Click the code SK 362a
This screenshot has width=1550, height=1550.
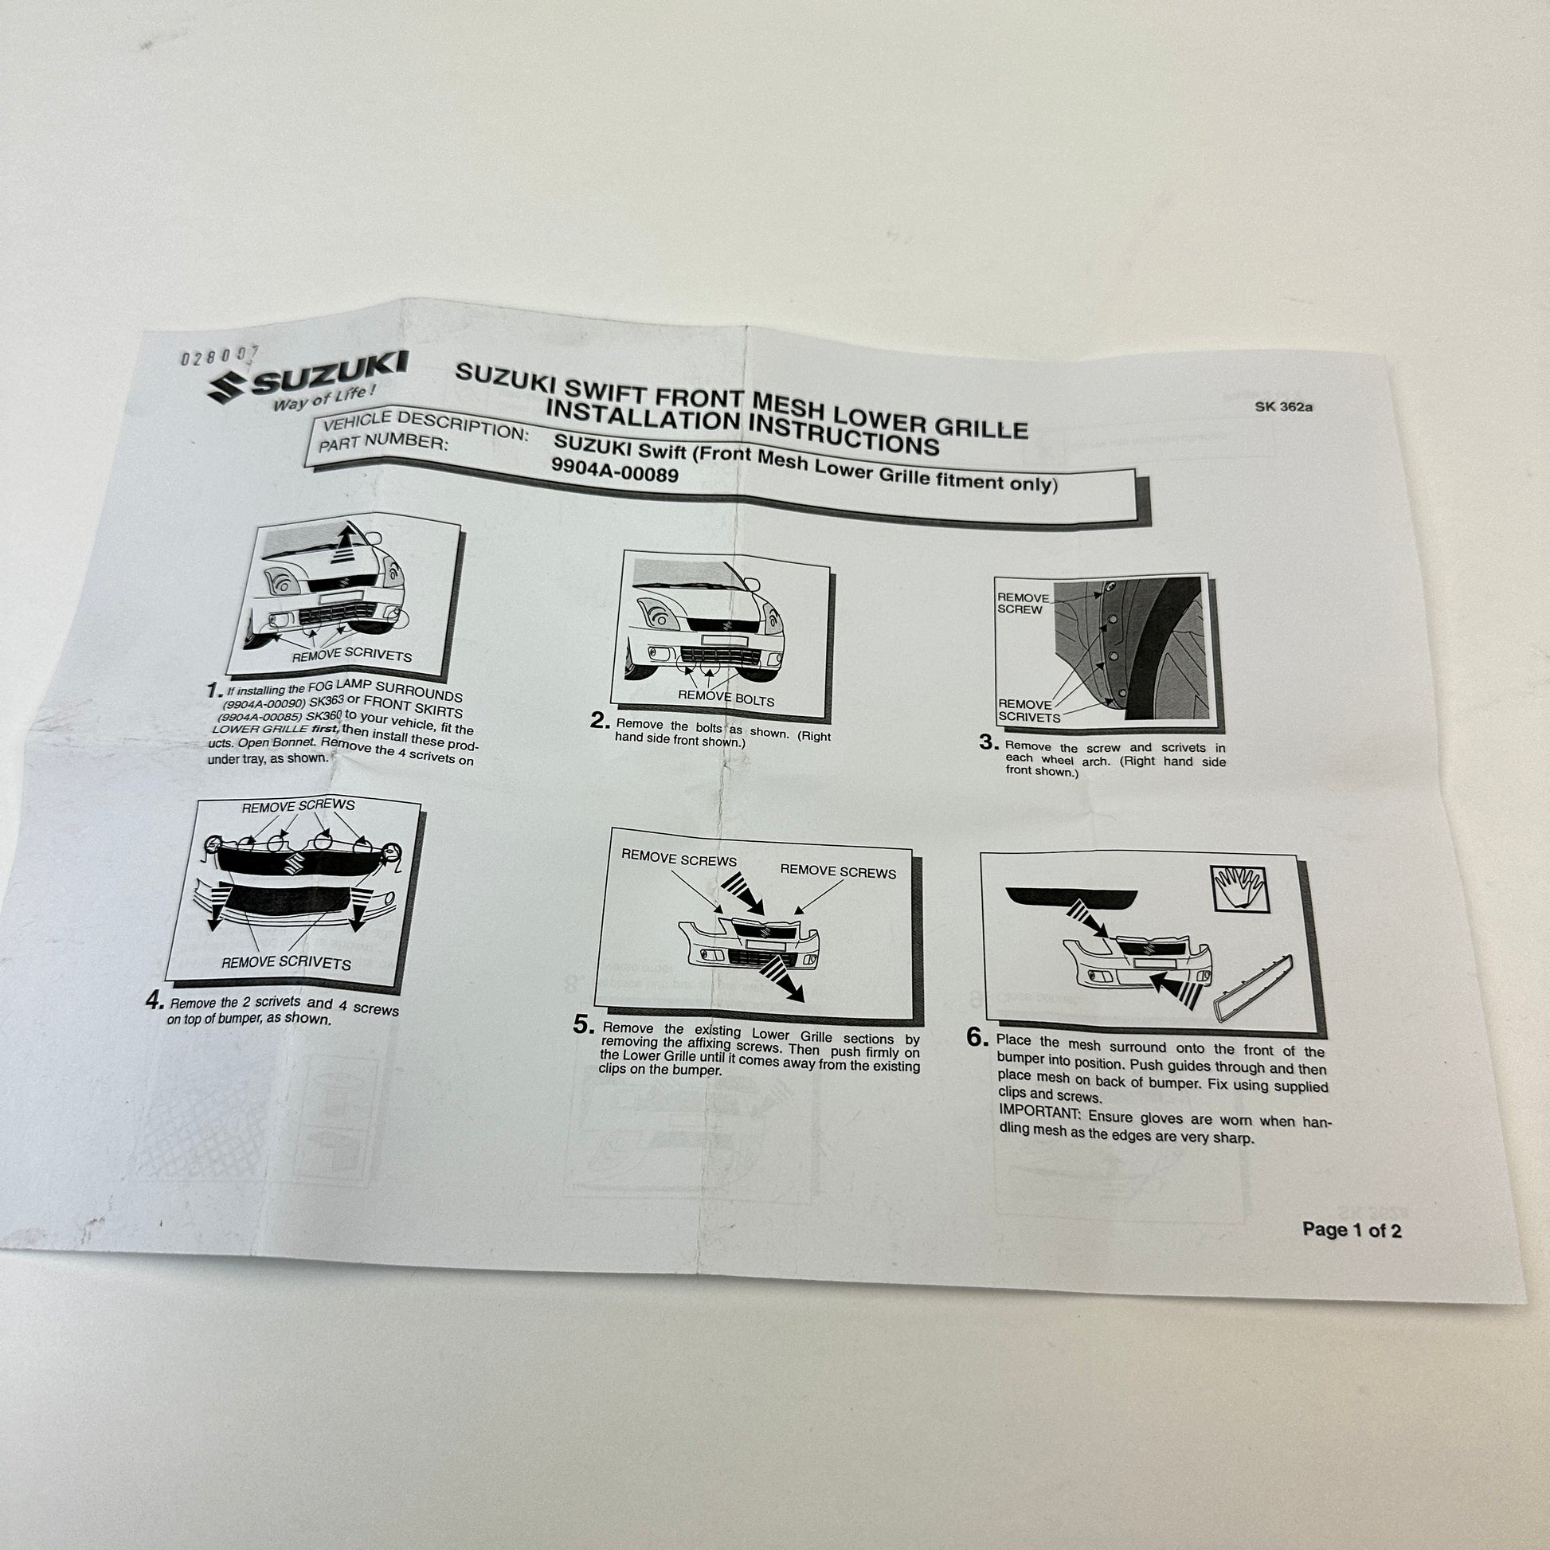(1284, 407)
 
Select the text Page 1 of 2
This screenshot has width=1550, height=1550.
(1352, 1230)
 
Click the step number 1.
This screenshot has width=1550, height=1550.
(213, 691)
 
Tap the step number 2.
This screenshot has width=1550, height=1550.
(600, 722)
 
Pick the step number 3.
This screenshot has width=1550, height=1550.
(988, 743)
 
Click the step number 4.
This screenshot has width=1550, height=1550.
(155, 1000)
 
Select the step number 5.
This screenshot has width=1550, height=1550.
(584, 1026)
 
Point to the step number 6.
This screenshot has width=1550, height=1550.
(977, 1038)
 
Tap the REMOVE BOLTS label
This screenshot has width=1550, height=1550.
(726, 698)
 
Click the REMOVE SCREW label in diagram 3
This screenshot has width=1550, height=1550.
(1022, 603)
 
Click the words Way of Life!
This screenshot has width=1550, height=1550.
(323, 399)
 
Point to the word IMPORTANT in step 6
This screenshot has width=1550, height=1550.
(1039, 1113)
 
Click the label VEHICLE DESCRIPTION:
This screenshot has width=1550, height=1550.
(425, 425)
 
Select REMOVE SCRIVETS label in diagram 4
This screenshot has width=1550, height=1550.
(286, 962)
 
